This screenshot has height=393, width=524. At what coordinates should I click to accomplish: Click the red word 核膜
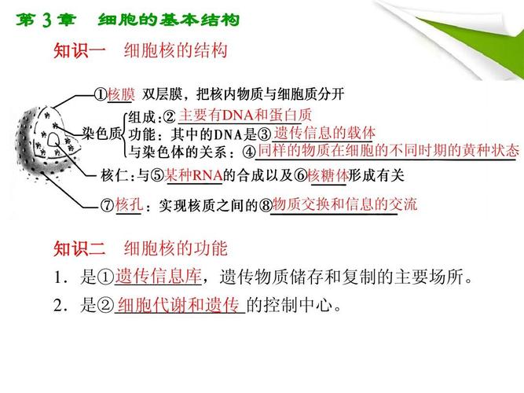122,94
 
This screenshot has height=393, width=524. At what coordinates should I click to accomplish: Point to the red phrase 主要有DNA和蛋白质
233,115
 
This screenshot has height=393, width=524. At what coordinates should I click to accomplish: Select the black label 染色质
102,134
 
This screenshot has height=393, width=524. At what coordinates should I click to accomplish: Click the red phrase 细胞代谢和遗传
178,306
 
